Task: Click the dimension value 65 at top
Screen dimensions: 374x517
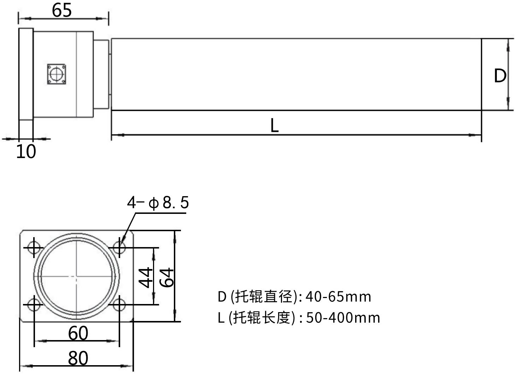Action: coord(62,10)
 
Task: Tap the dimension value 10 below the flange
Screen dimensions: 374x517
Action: coord(26,151)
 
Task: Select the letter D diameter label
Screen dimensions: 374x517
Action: coord(500,76)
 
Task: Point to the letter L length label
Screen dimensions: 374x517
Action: coord(275,125)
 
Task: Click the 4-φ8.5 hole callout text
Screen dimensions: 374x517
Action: coord(158,203)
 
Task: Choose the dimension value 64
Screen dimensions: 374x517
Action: coord(167,277)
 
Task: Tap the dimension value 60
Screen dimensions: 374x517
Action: coord(78,333)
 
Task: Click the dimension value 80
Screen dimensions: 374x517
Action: coord(78,358)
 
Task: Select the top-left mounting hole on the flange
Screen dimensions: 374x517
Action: coord(34,247)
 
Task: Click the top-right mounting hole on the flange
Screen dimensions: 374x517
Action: coord(119,247)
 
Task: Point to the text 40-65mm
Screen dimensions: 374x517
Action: coord(338,296)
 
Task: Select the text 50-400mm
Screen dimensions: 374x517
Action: coord(343,318)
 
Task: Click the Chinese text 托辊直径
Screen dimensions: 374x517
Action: coord(264,296)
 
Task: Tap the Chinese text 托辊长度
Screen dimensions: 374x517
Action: coord(264,318)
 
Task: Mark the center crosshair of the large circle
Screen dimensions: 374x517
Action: coord(76,276)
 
